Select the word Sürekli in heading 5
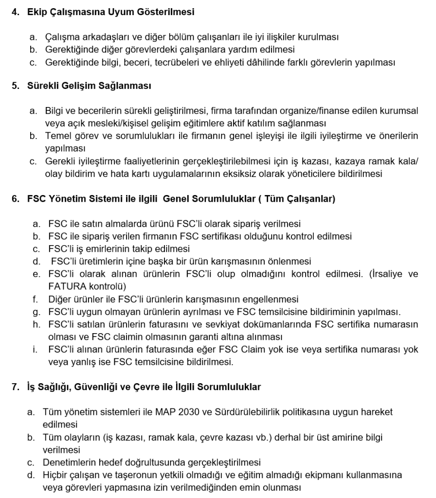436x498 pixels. (43, 86)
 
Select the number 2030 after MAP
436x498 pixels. (185, 412)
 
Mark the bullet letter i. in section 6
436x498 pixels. (36, 349)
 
